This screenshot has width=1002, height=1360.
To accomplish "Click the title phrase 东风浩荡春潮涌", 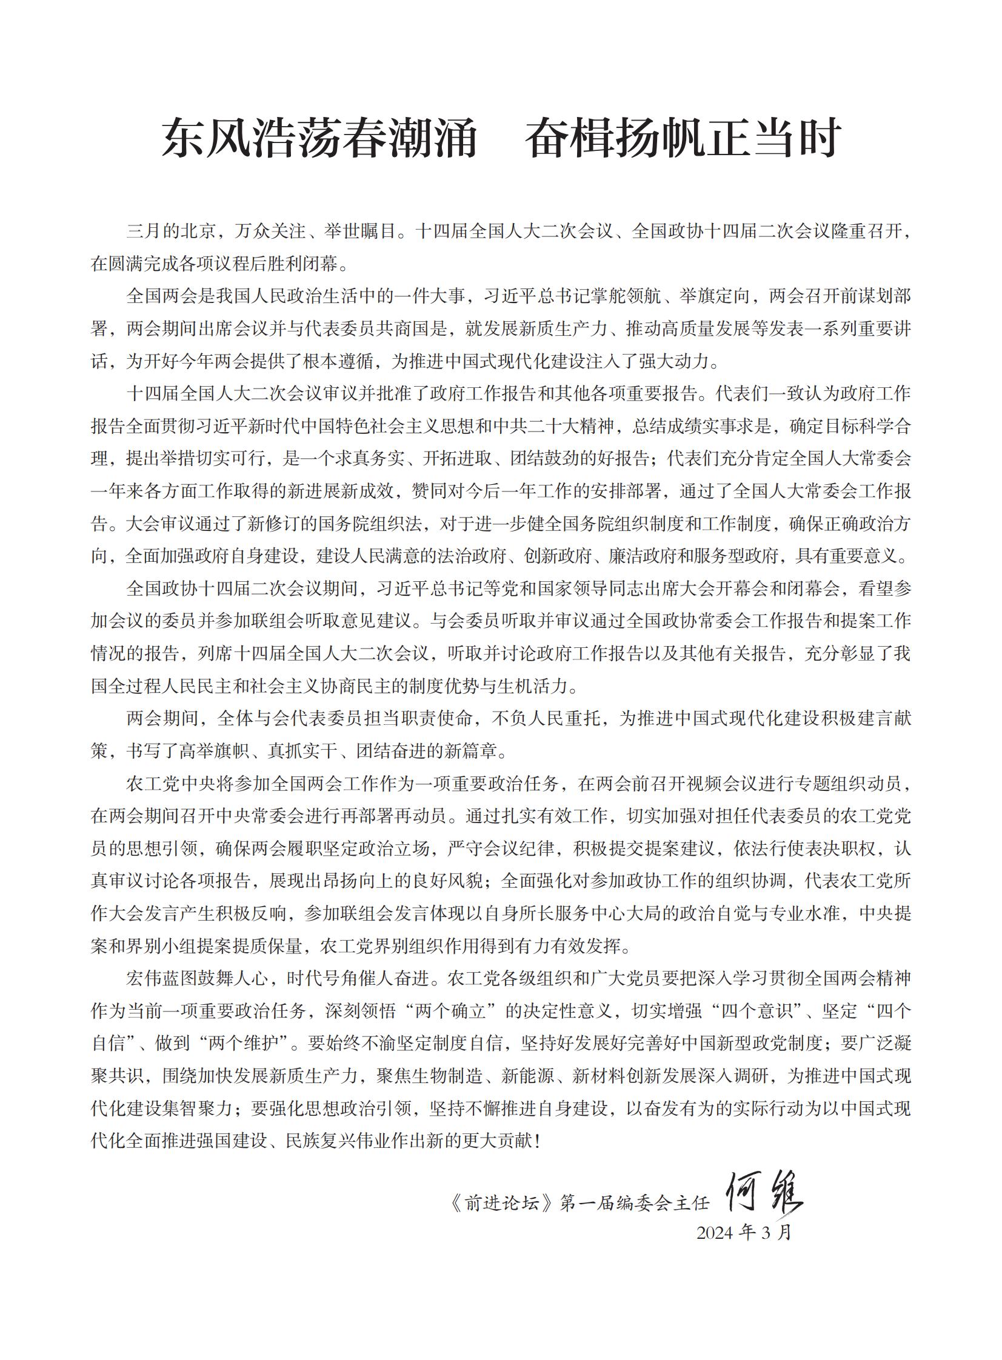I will click(x=319, y=138).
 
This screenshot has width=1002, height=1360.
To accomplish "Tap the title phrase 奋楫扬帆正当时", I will click(x=683, y=138).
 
